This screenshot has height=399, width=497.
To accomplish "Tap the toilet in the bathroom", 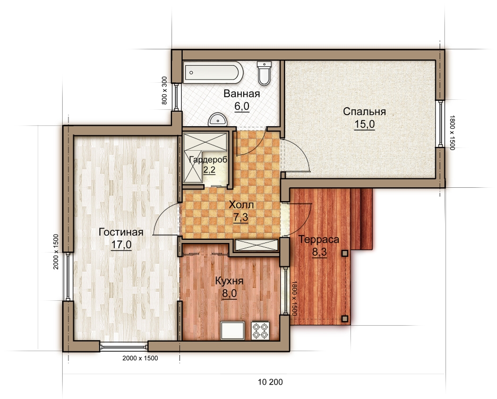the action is tap(264, 73).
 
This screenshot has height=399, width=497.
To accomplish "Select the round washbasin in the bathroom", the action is tap(218, 119).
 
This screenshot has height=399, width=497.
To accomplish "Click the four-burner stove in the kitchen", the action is tap(261, 331).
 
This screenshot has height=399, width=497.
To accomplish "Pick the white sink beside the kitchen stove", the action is tap(233, 331).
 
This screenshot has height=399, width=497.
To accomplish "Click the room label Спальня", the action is tap(364, 111).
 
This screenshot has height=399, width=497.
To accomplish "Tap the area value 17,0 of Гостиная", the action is tap(122, 245).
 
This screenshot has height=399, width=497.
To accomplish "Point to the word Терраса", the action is tap(319, 239).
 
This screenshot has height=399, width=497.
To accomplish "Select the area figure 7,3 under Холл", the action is tap(241, 218).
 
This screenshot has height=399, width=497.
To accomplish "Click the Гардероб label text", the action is tap(208, 160).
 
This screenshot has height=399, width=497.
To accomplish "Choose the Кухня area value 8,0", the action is tap(229, 293).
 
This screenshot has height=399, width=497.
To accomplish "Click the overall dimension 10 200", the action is tap(270, 382).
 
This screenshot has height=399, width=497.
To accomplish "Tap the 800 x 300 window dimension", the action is tap(164, 91).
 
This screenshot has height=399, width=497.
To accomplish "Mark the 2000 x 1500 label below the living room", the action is tap(140, 358).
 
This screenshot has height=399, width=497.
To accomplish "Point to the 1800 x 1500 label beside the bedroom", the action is tap(452, 132).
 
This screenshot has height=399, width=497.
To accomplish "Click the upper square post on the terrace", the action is tap(345, 253).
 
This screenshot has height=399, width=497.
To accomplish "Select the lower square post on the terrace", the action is tap(345, 318).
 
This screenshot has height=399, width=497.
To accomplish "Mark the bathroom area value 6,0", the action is tap(242, 107).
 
